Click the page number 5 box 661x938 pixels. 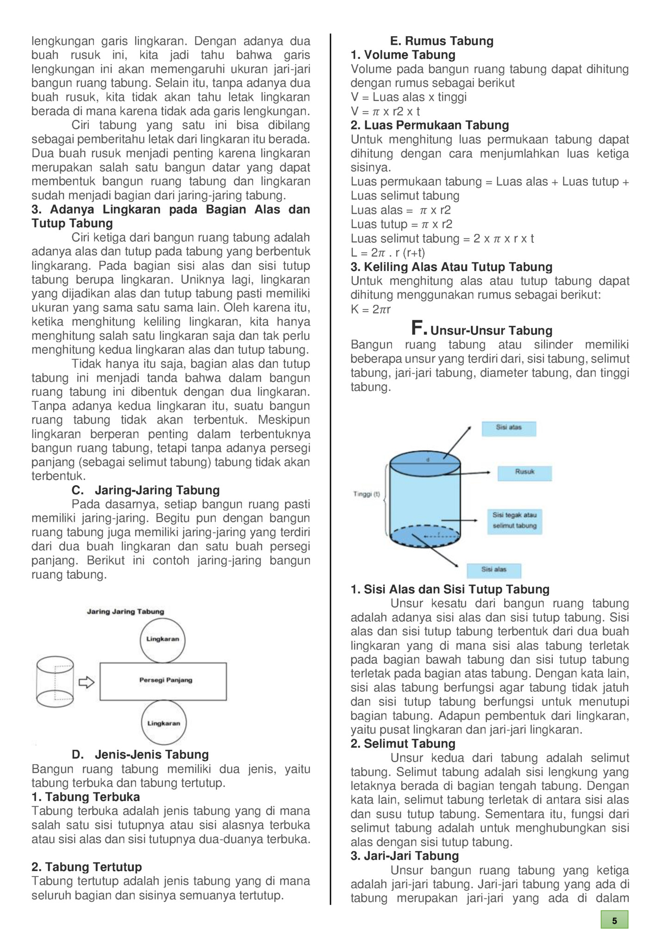pyautogui.click(x=614, y=920)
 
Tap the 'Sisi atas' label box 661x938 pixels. pyautogui.click(x=509, y=428)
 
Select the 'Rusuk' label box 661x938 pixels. pyautogui.click(x=524, y=472)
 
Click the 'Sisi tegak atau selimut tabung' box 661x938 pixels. pyautogui.click(x=514, y=521)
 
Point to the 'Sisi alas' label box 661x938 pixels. pyautogui.click(x=494, y=570)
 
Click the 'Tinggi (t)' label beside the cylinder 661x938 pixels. pyautogui.click(x=366, y=494)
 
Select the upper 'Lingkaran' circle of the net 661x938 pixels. pyautogui.click(x=162, y=640)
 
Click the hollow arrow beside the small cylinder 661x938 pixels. pyautogui.click(x=87, y=682)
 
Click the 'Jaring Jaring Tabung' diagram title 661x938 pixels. pyautogui.click(x=125, y=611)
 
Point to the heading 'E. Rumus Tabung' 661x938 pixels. pyautogui.click(x=442, y=41)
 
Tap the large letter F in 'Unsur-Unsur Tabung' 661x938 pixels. pyautogui.click(x=418, y=328)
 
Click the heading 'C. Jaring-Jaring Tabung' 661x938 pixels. pyautogui.click(x=145, y=490)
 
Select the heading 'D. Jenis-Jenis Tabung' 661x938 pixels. pyautogui.click(x=140, y=755)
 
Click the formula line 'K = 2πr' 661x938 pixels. pyautogui.click(x=370, y=309)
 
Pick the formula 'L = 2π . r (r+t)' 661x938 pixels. pyautogui.click(x=387, y=253)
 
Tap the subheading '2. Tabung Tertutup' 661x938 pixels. pyautogui.click(x=87, y=867)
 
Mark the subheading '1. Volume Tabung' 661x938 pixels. pyautogui.click(x=403, y=55)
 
